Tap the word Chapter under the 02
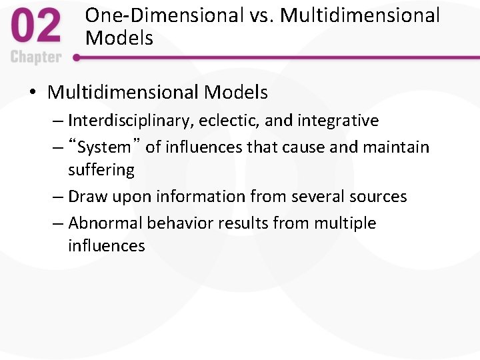(x=35, y=57)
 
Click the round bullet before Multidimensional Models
(x=33, y=93)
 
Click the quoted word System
(x=104, y=147)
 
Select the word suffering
(x=101, y=170)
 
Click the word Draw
(x=86, y=197)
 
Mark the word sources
(x=377, y=197)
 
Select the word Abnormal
(x=105, y=223)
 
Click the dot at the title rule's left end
(x=77, y=58)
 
